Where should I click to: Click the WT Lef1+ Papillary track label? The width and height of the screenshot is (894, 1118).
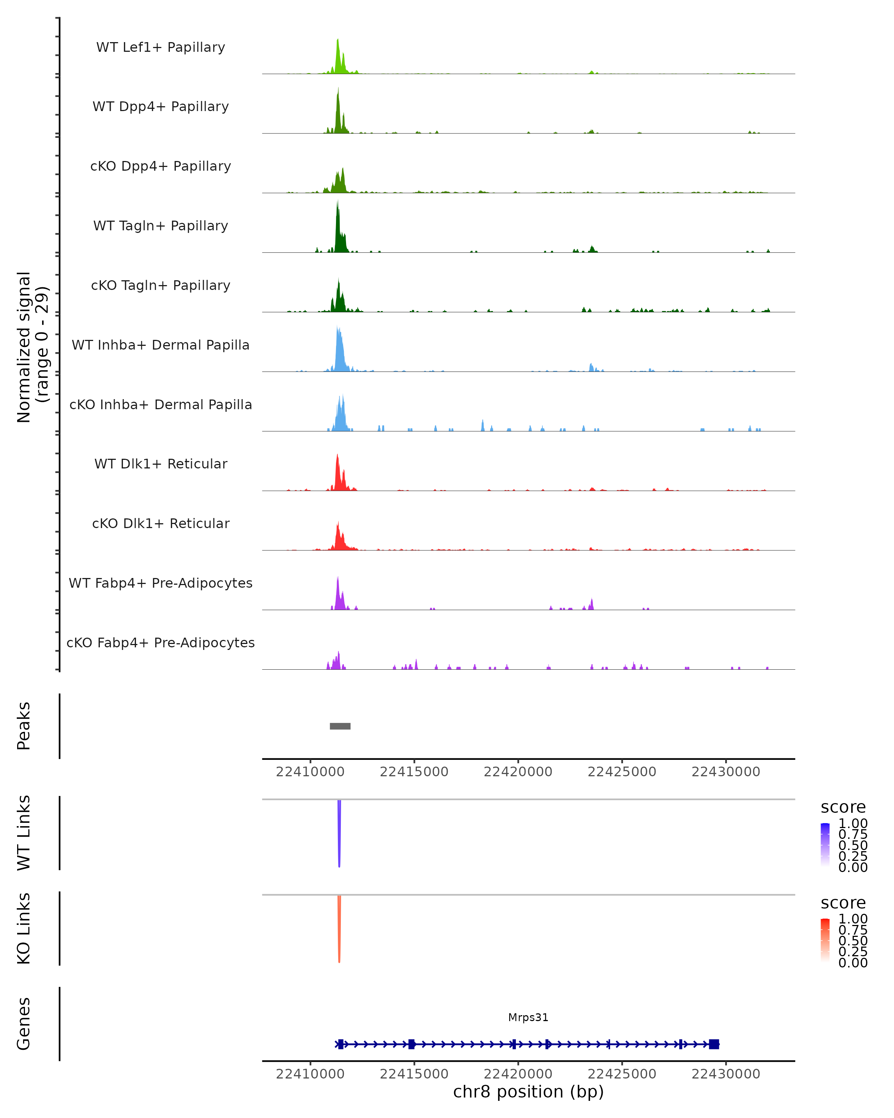[161, 47]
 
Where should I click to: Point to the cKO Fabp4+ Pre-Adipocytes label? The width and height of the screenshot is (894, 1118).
[161, 642]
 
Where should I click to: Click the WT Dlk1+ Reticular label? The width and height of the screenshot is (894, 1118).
[161, 464]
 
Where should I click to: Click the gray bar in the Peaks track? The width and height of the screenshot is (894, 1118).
[340, 726]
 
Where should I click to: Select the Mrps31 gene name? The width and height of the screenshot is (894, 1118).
[528, 1017]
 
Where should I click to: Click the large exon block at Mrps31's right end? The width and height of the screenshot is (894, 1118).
[714, 1044]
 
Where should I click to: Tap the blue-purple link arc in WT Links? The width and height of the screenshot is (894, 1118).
[339, 835]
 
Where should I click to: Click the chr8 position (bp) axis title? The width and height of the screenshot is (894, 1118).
[528, 1092]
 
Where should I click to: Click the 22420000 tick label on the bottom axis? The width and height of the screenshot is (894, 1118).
[518, 1074]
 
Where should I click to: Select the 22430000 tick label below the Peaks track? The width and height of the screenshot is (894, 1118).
[726, 772]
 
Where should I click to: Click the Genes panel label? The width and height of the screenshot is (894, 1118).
[24, 1024]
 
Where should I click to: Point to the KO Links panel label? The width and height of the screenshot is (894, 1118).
[24, 928]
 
